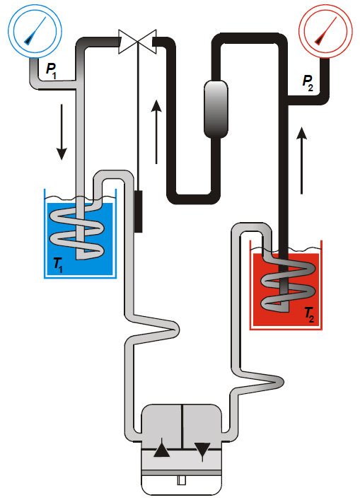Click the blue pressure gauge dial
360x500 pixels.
(x=35, y=31)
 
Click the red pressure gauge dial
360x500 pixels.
(x=325, y=31)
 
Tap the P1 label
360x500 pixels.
(x=52, y=71)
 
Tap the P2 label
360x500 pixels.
(x=308, y=83)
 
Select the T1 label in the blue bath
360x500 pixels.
(x=58, y=265)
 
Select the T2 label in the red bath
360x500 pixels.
(x=308, y=315)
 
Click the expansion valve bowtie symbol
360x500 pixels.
(x=137, y=42)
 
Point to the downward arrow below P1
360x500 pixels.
(x=62, y=132)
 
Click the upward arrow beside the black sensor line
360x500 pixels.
(x=156, y=132)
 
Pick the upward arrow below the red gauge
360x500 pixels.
(x=301, y=161)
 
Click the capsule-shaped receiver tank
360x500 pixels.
(x=216, y=109)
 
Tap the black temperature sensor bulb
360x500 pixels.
(x=138, y=211)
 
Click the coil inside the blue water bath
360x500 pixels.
(x=77, y=230)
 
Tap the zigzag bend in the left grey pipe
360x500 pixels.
(x=152, y=328)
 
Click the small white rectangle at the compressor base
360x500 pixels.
(x=182, y=480)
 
